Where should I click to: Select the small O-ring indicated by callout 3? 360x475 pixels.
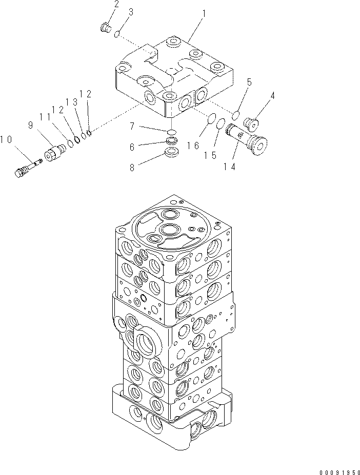pos(117,34)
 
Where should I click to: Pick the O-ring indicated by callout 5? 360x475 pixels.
pos(236,113)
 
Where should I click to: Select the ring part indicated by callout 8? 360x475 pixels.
pos(172,152)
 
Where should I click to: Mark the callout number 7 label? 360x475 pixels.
pos(132,125)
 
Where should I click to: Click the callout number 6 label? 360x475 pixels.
pos(132,147)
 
